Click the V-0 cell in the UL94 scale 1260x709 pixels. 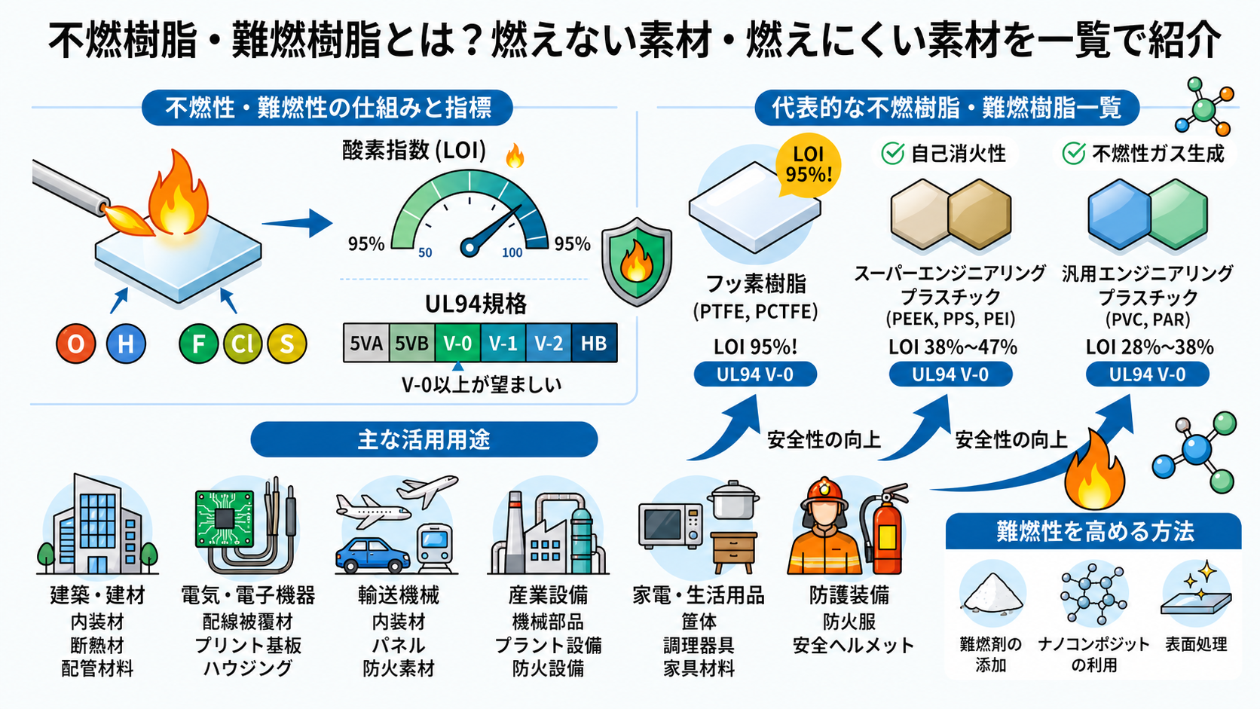point(457,342)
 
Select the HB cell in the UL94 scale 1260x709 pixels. point(594,342)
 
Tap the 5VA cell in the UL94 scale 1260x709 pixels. point(366,342)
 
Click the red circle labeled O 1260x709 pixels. point(76,344)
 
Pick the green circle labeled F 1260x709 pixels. point(198,344)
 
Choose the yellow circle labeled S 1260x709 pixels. point(287,344)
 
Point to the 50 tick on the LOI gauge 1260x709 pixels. point(425,253)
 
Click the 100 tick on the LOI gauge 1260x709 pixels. point(512,253)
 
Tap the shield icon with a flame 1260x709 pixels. point(637,261)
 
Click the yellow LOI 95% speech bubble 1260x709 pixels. point(809,165)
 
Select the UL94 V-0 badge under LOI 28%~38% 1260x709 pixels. point(1147,374)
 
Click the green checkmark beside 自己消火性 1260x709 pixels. point(892,154)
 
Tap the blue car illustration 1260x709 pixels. point(373,555)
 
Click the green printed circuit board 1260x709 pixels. point(225,518)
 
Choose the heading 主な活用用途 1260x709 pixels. point(424,440)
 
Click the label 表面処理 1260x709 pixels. point(1196,644)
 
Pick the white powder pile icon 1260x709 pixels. point(992,592)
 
